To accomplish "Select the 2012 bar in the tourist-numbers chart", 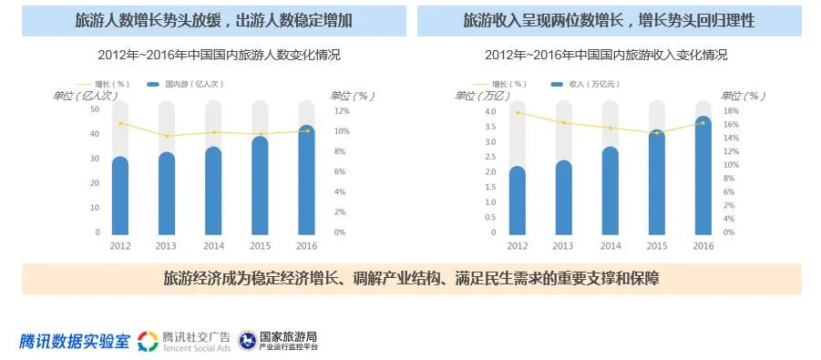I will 120,195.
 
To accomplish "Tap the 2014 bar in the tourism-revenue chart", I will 610,190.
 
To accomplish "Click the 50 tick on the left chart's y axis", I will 95,109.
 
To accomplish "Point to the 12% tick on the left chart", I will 342,111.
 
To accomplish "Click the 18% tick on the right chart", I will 729,111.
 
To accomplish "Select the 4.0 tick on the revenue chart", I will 490,111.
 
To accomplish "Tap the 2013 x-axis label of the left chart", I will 166,246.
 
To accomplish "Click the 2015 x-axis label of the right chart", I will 656,246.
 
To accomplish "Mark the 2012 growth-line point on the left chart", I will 120,123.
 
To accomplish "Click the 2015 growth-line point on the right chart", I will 656,133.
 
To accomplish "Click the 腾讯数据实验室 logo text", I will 76,341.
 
